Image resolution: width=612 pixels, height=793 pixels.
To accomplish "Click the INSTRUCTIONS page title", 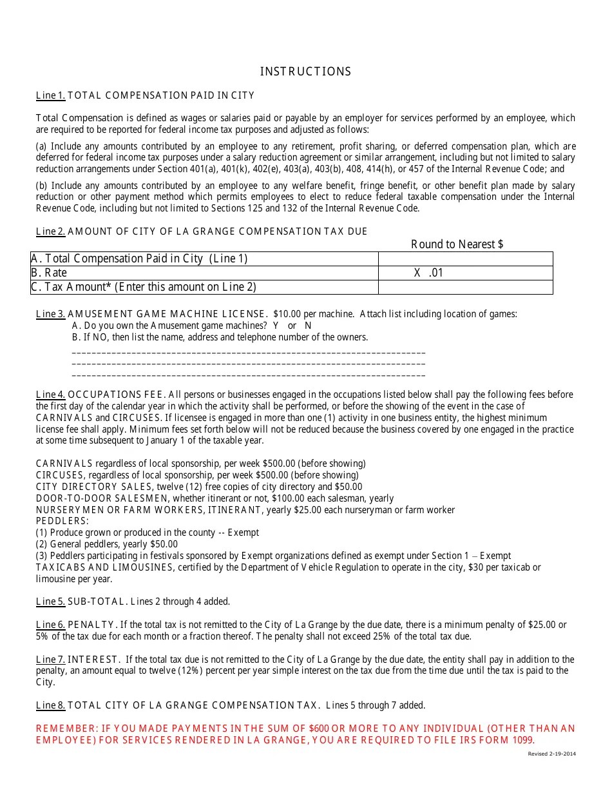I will click(x=305, y=72).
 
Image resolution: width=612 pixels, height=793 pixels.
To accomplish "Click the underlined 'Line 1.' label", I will click(x=50, y=95).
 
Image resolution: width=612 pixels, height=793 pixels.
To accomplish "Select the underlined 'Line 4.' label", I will click(x=50, y=395).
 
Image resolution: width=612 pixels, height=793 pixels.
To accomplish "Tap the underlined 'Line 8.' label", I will click(x=50, y=705).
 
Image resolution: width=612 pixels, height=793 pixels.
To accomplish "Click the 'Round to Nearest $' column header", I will click(x=457, y=244).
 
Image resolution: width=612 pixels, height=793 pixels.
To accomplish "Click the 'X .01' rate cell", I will click(x=428, y=273).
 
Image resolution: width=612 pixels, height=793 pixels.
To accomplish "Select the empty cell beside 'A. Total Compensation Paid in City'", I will click(x=465, y=259).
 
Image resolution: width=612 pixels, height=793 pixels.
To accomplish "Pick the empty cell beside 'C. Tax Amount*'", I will click(x=465, y=287).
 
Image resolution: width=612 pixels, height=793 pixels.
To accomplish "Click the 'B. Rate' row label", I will click(x=49, y=273).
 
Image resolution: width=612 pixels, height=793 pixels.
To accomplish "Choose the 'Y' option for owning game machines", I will click(x=276, y=326).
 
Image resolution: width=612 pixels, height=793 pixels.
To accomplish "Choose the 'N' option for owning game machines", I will click(x=308, y=326).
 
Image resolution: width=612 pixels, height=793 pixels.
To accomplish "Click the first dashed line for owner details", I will click(x=248, y=353).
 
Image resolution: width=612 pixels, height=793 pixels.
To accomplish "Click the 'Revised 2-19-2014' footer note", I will click(x=551, y=754).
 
